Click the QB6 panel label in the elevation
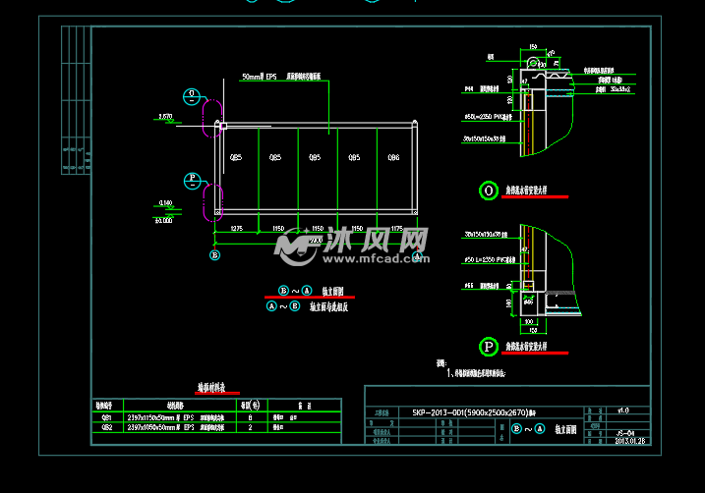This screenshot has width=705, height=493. (x=393, y=157)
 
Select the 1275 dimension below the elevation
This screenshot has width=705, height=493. (x=237, y=228)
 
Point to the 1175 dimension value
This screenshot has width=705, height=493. (x=396, y=228)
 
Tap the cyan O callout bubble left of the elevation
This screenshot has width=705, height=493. (x=193, y=95)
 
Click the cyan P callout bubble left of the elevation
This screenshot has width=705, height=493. (x=193, y=180)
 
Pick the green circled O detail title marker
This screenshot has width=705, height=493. (x=488, y=192)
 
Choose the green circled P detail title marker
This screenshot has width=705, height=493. (x=488, y=347)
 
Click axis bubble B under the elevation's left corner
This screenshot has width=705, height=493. (x=215, y=255)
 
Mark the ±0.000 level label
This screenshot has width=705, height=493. (x=163, y=221)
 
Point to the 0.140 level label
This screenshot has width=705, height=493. (x=164, y=203)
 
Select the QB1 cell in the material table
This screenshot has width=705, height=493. (x=106, y=416)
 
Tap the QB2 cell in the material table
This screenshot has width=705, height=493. (x=106, y=428)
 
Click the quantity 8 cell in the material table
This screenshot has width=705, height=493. (x=252, y=416)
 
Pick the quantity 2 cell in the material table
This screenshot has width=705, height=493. (x=252, y=428)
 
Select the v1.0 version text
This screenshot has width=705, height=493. (x=622, y=410)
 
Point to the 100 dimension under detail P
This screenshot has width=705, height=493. (x=529, y=320)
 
